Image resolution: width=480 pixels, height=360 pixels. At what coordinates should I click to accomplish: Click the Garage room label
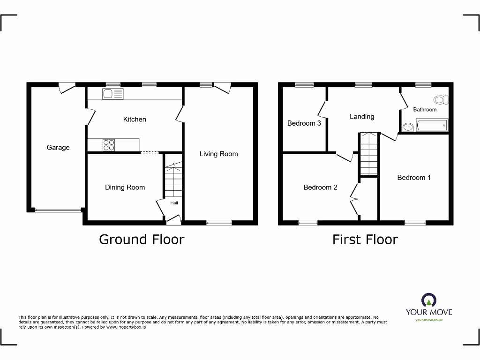point(58,147)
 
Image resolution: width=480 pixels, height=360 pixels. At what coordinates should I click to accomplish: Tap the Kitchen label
point(135,119)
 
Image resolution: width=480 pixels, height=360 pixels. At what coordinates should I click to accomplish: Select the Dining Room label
point(125,187)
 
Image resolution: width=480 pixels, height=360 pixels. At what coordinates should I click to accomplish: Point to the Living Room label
point(218,154)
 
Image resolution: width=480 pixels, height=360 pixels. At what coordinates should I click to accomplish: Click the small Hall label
point(174,203)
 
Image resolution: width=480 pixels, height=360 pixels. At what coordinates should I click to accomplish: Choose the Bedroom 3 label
point(304,123)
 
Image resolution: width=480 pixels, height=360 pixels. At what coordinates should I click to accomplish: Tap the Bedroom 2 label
point(320,187)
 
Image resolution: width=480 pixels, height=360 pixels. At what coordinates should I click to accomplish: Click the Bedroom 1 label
point(414,177)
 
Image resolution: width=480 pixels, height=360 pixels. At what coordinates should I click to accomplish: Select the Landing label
point(362,116)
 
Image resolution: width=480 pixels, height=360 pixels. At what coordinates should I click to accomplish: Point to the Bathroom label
point(425,110)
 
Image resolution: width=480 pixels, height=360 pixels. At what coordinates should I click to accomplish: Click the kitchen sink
point(112,94)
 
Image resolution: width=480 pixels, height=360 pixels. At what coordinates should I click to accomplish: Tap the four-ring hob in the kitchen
point(109,145)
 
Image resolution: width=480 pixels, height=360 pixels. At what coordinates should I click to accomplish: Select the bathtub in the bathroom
point(432,126)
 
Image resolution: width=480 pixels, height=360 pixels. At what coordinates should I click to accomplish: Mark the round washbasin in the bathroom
point(408,127)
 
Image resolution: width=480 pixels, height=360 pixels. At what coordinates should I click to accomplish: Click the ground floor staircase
point(172,181)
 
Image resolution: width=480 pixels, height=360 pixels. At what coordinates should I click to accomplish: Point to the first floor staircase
point(368,153)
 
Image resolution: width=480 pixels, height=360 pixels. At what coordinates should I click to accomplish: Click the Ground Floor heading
point(142,240)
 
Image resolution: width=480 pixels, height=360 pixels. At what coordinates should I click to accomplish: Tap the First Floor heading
point(365,240)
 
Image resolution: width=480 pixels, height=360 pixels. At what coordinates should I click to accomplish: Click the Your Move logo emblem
point(429,300)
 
